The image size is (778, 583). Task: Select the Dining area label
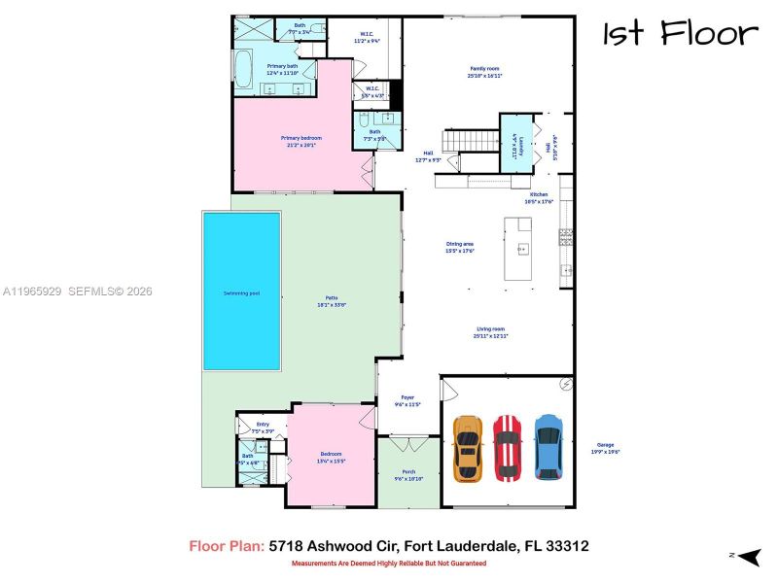[x=459, y=247]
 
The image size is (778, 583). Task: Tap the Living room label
[x=491, y=331]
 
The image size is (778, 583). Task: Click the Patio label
[x=332, y=300]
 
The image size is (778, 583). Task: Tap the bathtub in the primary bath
[x=243, y=71]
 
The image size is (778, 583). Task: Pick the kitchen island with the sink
[x=518, y=250]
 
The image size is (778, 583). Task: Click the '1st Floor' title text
[x=680, y=34]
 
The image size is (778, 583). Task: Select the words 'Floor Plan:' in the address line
[x=226, y=547]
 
